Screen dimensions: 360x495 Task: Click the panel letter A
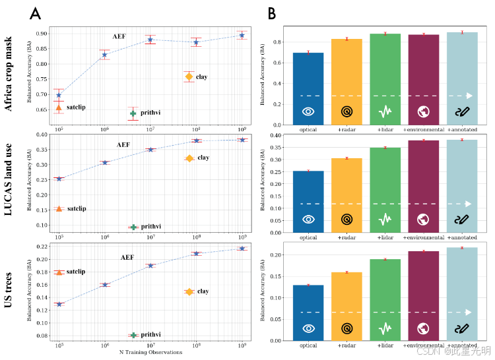(36, 13)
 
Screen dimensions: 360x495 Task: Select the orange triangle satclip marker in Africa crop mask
(59, 107)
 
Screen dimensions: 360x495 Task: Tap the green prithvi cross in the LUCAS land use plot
(133, 227)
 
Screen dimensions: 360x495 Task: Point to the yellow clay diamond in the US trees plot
(189, 291)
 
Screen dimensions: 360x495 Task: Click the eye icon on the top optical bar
(308, 111)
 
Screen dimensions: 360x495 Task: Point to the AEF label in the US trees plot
(127, 257)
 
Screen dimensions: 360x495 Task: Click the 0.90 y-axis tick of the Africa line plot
(41, 34)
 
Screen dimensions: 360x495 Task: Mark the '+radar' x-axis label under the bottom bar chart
(346, 345)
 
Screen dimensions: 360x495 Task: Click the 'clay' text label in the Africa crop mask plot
(202, 77)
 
